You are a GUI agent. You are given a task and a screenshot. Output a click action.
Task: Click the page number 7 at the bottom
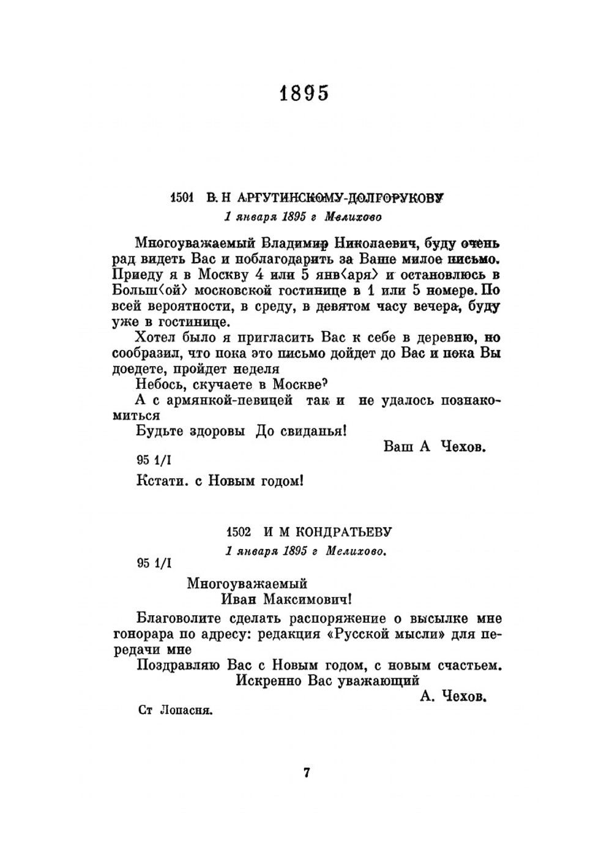(x=307, y=773)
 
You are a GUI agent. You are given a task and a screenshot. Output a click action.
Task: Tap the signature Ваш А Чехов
(x=435, y=447)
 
